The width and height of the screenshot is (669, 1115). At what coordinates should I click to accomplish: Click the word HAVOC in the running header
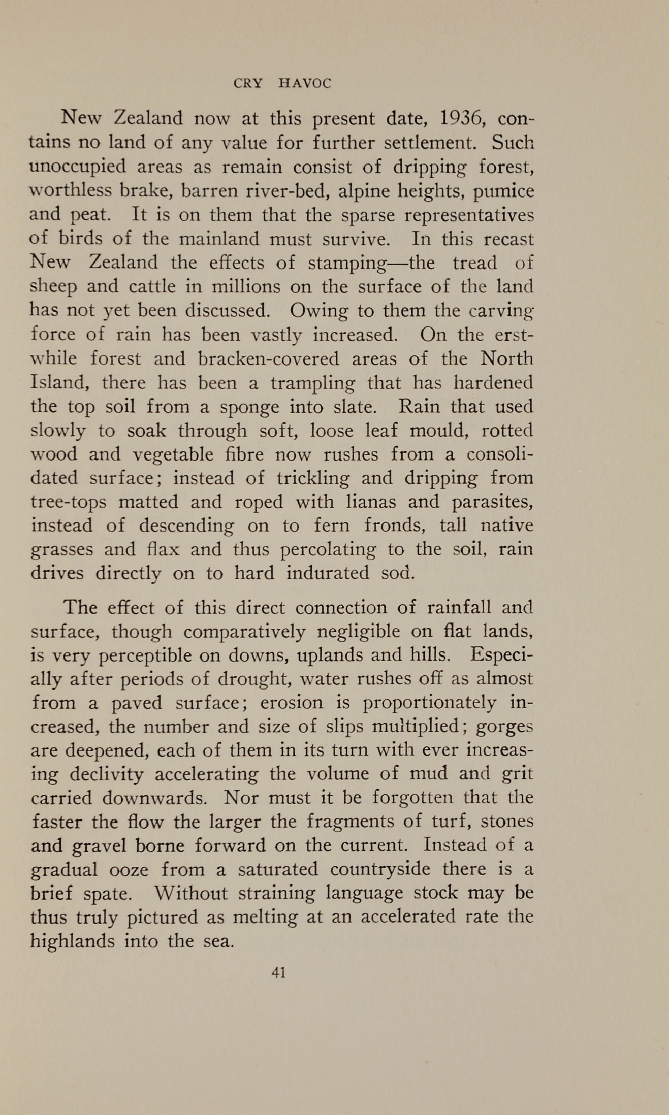click(x=305, y=84)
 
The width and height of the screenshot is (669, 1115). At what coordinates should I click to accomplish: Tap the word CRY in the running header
click(x=247, y=84)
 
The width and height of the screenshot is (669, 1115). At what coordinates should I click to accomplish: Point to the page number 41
click(x=279, y=972)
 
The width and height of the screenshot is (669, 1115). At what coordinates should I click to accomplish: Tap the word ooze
click(x=129, y=870)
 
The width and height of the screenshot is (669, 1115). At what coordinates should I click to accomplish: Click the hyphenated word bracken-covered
click(x=268, y=359)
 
